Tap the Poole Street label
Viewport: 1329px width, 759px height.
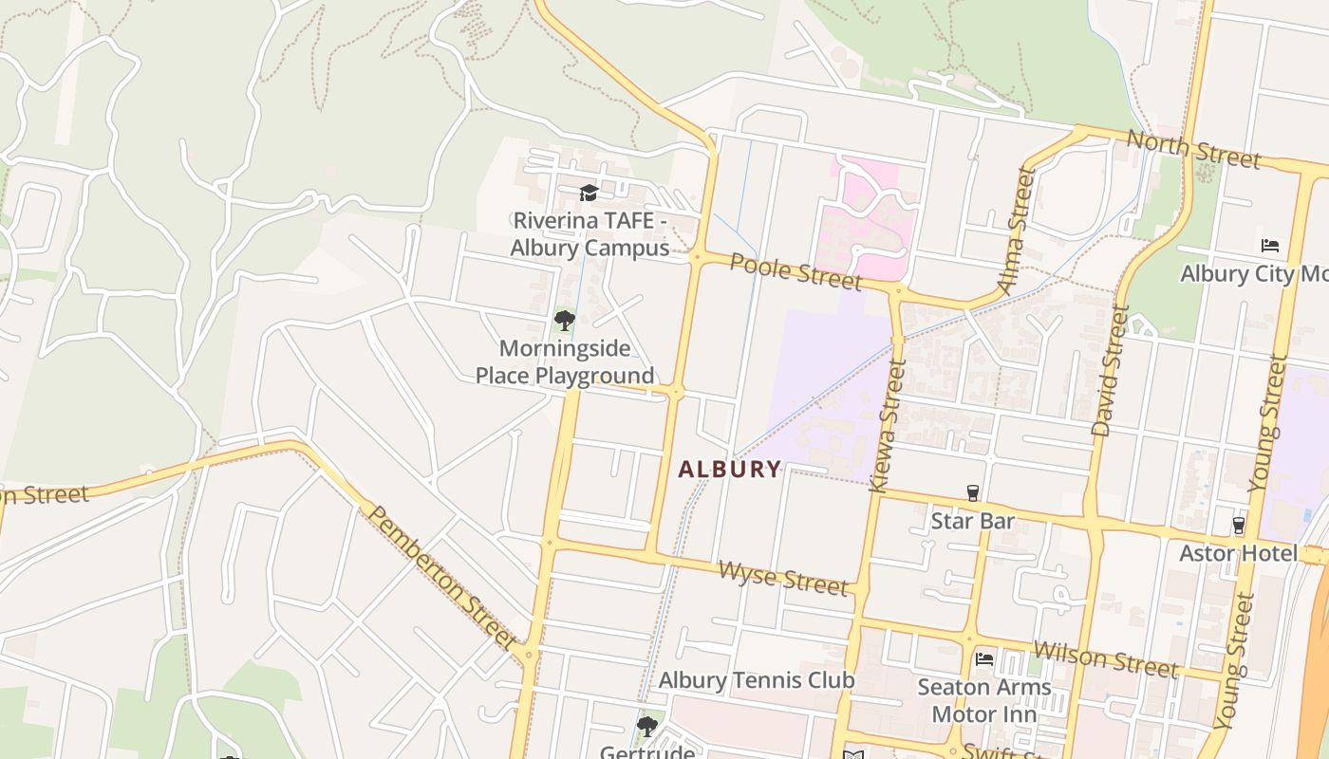coord(796,272)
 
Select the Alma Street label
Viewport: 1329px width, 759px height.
coord(1014,231)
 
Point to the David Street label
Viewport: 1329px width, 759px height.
coord(1110,370)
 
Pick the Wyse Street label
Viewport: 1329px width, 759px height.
coord(783,578)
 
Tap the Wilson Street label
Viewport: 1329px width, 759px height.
coord(1105,658)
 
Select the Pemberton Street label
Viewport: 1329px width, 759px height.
coord(441,578)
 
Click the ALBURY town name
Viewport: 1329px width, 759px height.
coord(730,469)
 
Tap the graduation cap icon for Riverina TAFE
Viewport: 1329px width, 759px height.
coord(589,194)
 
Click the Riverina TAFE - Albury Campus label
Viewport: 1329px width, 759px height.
coord(590,234)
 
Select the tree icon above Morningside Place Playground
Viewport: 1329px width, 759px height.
coord(565,320)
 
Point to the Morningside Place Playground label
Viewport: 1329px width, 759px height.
coord(565,361)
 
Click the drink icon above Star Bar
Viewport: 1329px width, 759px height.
coord(972,493)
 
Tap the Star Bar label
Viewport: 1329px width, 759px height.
coord(972,521)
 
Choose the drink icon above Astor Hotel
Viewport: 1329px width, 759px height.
coord(1238,525)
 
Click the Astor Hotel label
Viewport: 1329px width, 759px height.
coord(1238,553)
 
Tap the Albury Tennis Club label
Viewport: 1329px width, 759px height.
coord(756,680)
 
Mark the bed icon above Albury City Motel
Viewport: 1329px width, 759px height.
coord(1270,246)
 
